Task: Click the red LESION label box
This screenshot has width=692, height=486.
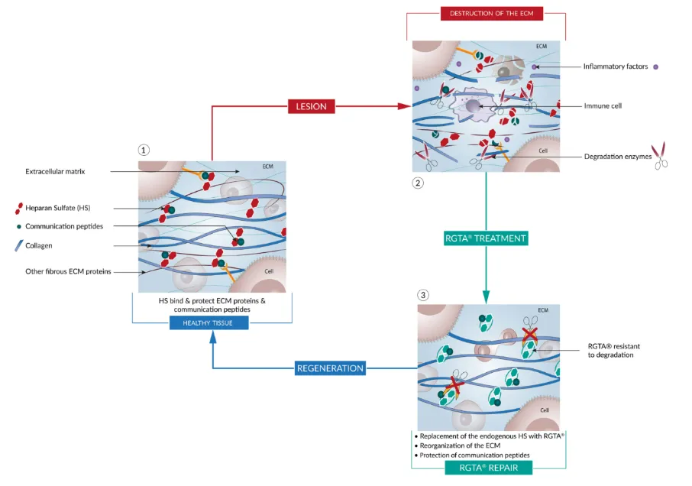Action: [x=311, y=106]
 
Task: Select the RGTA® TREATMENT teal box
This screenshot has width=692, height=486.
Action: [x=486, y=238]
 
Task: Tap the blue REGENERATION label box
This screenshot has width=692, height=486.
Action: [x=330, y=368]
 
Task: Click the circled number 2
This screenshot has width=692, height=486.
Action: [x=417, y=183]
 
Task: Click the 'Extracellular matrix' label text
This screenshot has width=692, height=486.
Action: [x=55, y=172]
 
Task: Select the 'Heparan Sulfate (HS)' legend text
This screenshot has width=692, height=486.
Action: [x=57, y=208]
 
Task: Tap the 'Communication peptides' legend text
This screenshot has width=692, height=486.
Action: [x=64, y=226]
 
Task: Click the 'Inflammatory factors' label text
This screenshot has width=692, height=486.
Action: [x=616, y=66]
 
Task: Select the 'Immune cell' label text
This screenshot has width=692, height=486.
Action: [x=603, y=105]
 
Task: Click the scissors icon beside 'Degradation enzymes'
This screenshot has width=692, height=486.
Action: [x=659, y=155]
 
